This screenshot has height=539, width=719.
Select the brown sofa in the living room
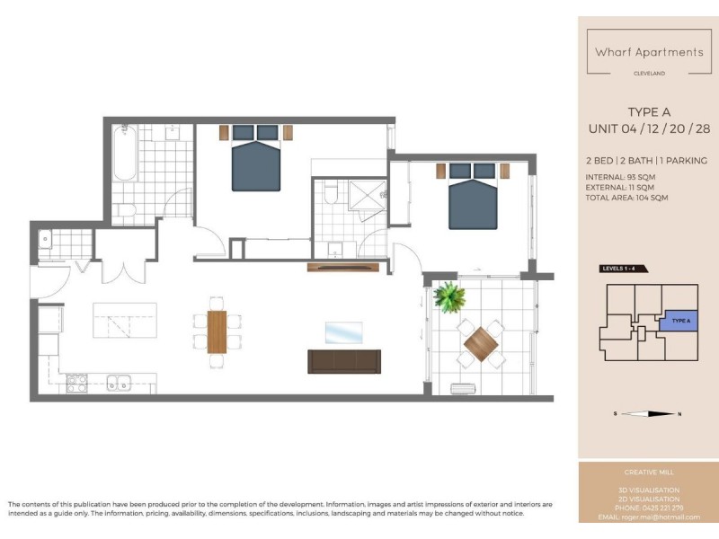(344, 361)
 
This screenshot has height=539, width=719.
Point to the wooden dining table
(217, 331)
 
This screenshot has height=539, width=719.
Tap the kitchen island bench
(125, 320)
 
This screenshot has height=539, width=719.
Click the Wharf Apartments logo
(649, 52)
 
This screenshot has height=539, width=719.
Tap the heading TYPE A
(649, 112)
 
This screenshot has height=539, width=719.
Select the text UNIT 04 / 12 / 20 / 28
(649, 129)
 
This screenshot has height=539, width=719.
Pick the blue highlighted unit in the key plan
(679, 321)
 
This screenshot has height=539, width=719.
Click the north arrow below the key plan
(647, 414)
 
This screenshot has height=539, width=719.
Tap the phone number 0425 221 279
(662, 508)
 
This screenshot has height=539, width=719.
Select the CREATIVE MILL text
(649, 472)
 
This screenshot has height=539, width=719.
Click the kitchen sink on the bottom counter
(118, 383)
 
